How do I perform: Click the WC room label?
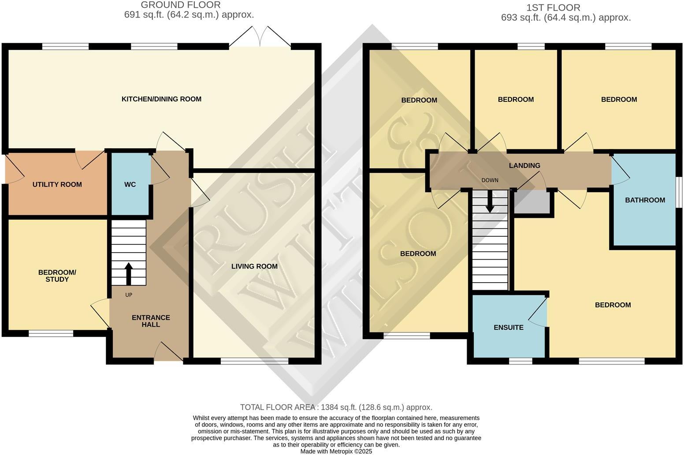pos(130,184)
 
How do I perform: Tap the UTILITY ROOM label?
pos(57,184)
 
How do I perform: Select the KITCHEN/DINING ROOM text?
pos(161,99)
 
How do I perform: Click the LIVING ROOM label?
pos(254,266)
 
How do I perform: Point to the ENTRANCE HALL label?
pos(151,321)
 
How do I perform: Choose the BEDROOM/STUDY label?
pos(57,276)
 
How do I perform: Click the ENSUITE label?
pos(509,328)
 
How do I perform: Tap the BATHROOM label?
pos(645,200)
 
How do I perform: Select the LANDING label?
pos(524,165)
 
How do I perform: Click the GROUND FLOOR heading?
pos(181,5)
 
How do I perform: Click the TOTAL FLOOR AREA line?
pos(336,407)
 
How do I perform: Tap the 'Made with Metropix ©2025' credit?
pos(336,451)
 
